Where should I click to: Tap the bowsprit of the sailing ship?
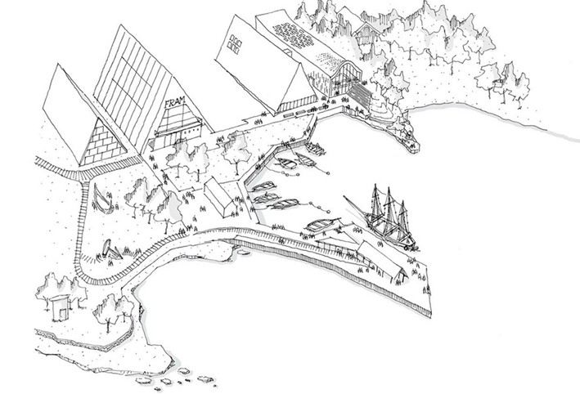click(x=354, y=204)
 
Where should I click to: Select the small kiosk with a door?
click(x=61, y=307)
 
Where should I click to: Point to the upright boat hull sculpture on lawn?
click(x=102, y=199)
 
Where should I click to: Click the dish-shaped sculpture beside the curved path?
click(x=110, y=249)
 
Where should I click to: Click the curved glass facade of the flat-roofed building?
click(x=346, y=78)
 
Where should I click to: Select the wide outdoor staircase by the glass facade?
click(x=360, y=94)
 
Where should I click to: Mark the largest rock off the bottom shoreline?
click(x=206, y=378)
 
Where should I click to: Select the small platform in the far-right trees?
click(x=498, y=82)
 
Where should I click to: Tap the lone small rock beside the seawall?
click(x=244, y=253)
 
